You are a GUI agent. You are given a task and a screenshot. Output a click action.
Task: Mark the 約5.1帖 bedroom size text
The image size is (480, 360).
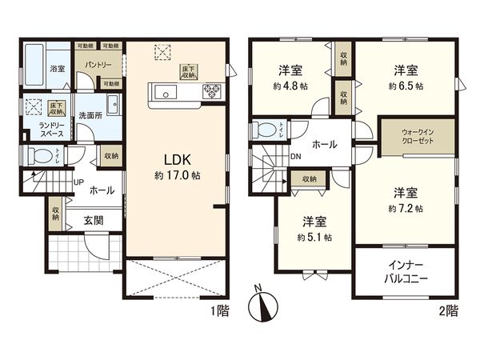click(x=314, y=237)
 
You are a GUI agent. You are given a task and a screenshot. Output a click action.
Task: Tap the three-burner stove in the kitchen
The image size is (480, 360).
click(x=212, y=89)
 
